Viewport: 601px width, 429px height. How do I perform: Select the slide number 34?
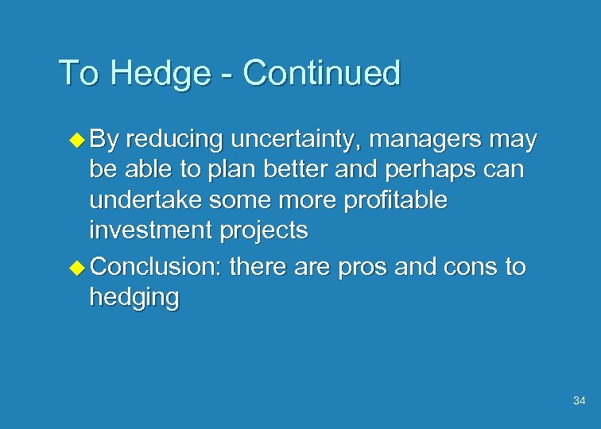579,401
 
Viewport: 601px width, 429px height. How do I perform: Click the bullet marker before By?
77,140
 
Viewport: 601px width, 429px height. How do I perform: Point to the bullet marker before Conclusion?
77,266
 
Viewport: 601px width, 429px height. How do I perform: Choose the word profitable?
396,201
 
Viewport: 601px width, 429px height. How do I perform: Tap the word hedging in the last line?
134,298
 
